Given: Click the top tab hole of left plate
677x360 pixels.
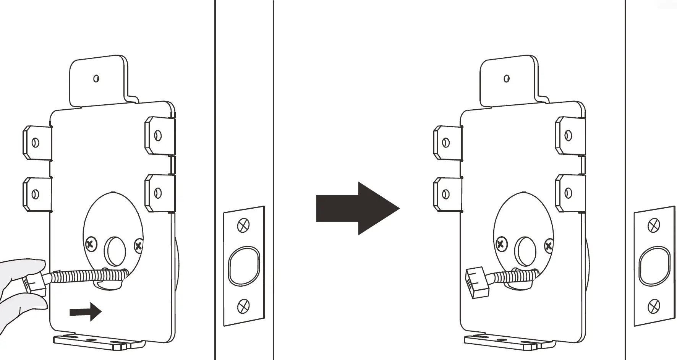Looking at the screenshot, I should click(96, 78).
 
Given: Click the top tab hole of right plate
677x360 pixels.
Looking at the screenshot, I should click(507, 78).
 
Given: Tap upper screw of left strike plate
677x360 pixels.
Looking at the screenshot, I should click(243, 225).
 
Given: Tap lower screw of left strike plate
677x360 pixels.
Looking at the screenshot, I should click(243, 306).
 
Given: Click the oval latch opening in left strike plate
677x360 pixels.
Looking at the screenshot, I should click(244, 266).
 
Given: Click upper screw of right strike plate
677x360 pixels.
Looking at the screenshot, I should click(654, 225).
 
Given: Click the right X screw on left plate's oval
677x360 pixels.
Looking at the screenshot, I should click(138, 245).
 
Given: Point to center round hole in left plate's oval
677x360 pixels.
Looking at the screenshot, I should click(115, 251).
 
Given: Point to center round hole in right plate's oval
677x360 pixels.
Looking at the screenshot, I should click(525, 251).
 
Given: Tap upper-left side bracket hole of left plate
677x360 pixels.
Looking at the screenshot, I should click(35, 143).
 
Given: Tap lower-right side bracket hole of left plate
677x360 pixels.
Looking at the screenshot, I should click(157, 193).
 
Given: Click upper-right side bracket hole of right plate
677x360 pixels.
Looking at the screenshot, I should click(568, 135).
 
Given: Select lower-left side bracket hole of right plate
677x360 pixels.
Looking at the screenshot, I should click(445, 194).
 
